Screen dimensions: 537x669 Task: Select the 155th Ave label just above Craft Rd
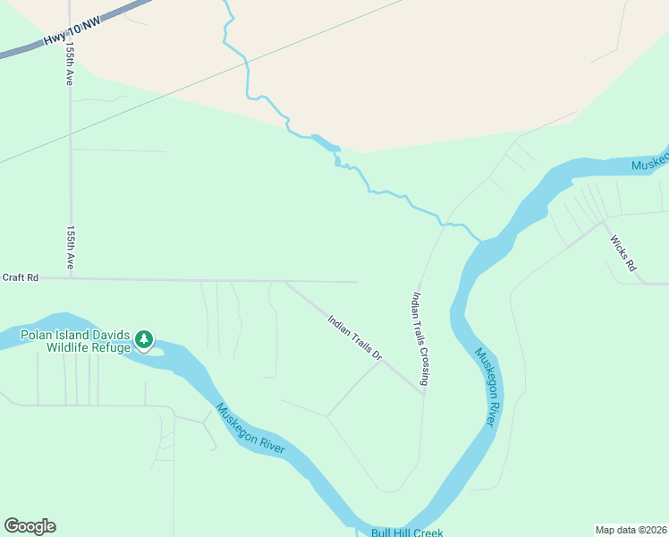(x=69, y=248)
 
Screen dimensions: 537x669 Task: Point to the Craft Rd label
(x=20, y=277)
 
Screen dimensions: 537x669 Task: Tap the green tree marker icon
(x=144, y=340)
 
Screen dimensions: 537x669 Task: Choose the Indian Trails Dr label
(x=354, y=337)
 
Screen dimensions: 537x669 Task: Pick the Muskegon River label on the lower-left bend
(x=250, y=428)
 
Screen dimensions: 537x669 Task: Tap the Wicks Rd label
(x=622, y=253)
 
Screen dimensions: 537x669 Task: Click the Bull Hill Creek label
(x=407, y=533)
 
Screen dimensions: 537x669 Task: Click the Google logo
(x=30, y=525)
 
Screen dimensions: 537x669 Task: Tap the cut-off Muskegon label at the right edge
(x=650, y=165)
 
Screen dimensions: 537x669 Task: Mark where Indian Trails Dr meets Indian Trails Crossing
(x=423, y=392)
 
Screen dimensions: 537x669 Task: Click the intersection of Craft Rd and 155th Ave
(x=71, y=278)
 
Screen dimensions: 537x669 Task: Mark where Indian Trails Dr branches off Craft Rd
(x=285, y=281)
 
